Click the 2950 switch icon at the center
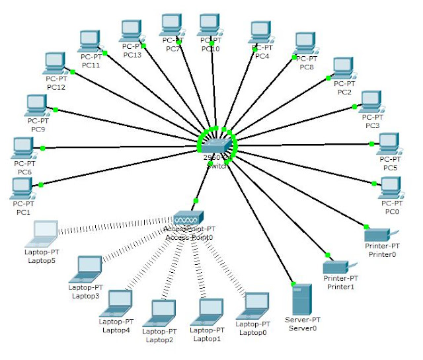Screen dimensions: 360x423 pyautogui.click(x=217, y=144)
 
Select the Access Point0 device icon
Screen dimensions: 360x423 pyautogui.click(x=190, y=217)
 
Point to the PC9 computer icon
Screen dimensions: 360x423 pyautogui.click(x=37, y=104)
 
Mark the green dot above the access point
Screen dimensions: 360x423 pyautogui.click(x=196, y=200)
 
